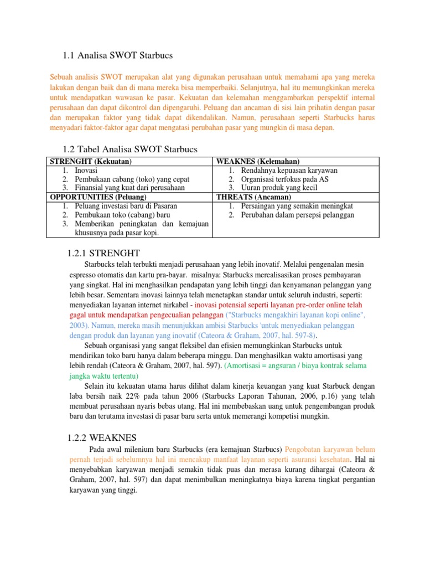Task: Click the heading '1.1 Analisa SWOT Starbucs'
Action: click(118, 55)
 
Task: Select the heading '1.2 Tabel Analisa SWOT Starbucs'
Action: click(131, 150)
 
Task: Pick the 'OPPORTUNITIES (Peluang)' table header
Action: click(99, 197)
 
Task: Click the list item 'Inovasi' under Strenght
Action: click(86, 170)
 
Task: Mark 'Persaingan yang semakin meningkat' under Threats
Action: click(297, 206)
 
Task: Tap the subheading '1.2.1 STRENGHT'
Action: click(103, 253)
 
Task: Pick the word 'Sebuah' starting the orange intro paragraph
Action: click(60, 78)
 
